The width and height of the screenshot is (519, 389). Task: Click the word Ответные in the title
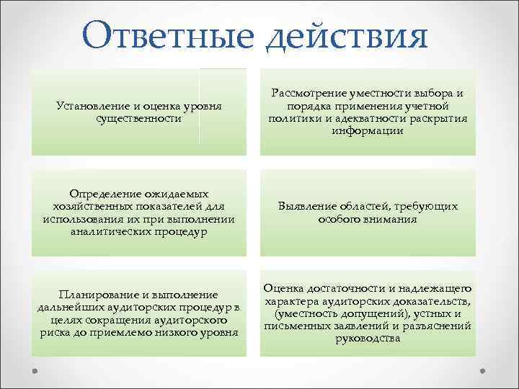coord(169,36)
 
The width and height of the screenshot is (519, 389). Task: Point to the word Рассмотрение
coord(310,94)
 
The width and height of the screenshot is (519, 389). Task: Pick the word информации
coord(368,131)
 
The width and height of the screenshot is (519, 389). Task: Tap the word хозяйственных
coord(90,207)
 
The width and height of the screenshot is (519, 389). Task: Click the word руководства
coord(368,338)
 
